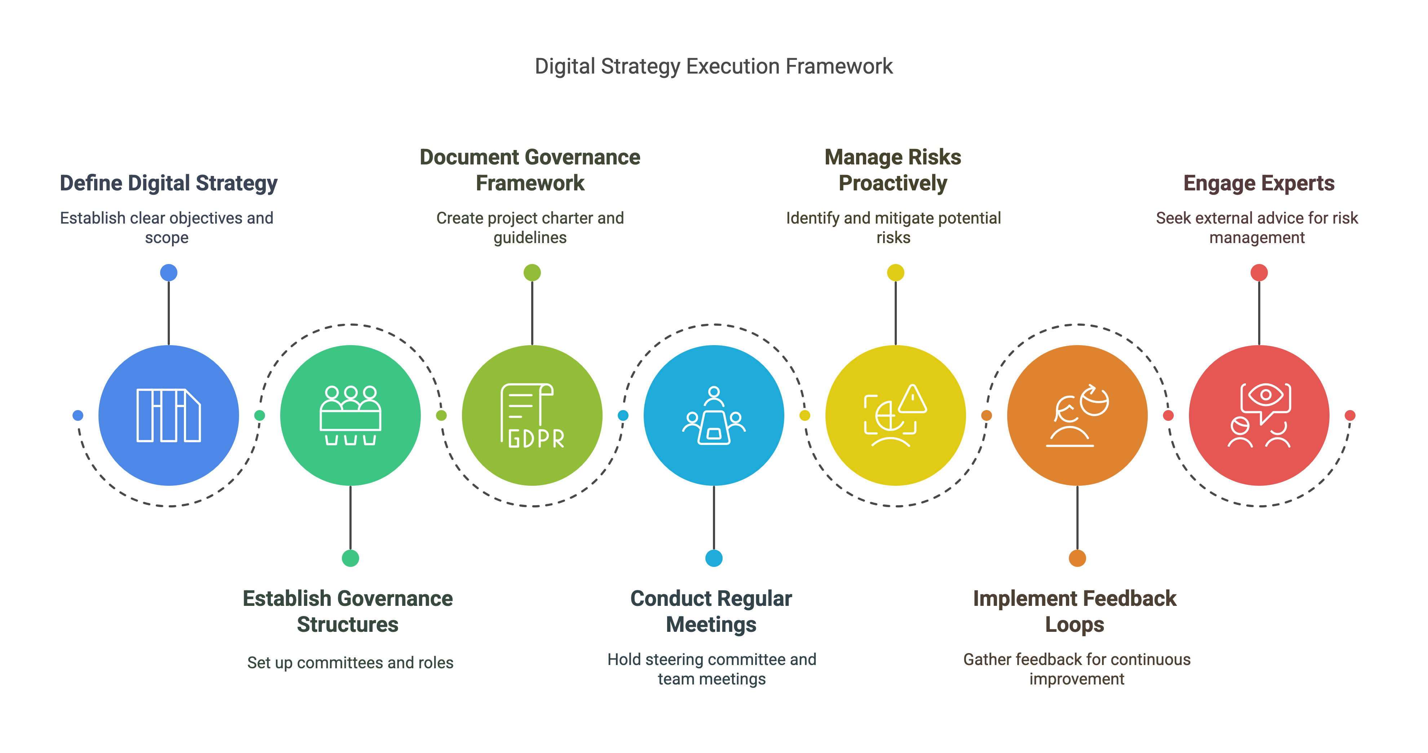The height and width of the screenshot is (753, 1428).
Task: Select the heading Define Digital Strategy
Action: click(x=168, y=183)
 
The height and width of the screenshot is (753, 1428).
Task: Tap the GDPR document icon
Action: click(x=532, y=416)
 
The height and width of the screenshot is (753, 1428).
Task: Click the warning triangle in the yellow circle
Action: click(x=912, y=399)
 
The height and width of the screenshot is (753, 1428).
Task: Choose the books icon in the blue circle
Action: click(x=168, y=416)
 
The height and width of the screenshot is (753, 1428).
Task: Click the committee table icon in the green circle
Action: click(x=351, y=416)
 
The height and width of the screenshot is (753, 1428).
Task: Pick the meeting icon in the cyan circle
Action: click(x=714, y=416)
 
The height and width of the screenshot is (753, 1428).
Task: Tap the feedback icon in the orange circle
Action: click(x=1077, y=416)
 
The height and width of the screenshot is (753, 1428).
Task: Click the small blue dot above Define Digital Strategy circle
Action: click(x=168, y=273)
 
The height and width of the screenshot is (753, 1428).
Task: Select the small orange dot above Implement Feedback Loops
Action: click(x=1077, y=558)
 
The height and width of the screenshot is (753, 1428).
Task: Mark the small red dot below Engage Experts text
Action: click(x=1259, y=273)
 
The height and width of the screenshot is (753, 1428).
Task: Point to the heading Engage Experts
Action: click(x=1259, y=183)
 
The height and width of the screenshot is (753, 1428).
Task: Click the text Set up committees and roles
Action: click(x=351, y=662)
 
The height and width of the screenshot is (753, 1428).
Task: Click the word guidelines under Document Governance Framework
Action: click(x=530, y=238)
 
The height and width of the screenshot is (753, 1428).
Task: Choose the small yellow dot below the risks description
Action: click(x=895, y=273)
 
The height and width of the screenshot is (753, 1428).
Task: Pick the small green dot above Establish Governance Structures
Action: click(x=351, y=558)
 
